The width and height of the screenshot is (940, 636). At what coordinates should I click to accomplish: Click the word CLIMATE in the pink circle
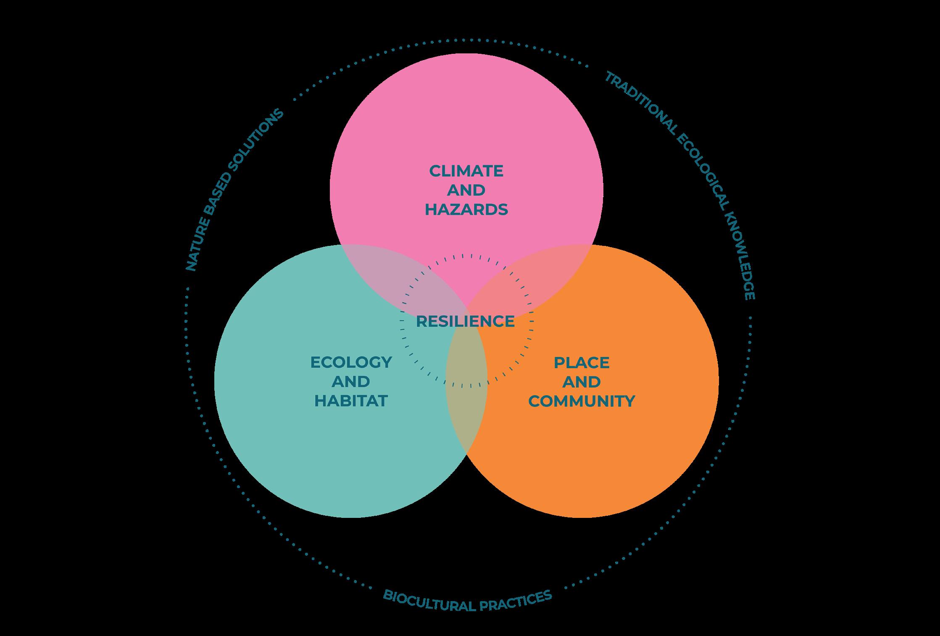(x=466, y=171)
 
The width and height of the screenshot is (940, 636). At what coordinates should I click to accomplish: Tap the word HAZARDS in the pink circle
(x=466, y=209)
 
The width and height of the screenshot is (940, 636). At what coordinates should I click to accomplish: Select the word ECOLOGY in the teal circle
(x=351, y=362)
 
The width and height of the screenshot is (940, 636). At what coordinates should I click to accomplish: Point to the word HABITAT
(x=351, y=401)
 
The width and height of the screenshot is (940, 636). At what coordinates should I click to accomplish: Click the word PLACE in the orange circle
(x=582, y=363)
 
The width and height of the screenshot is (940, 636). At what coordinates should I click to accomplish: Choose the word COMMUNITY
(x=582, y=401)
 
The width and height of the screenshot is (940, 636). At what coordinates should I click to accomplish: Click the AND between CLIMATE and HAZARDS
(x=466, y=190)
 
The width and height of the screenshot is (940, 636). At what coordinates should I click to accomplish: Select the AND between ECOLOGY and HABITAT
(x=351, y=382)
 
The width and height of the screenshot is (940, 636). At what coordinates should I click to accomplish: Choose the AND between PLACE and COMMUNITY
(x=582, y=382)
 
